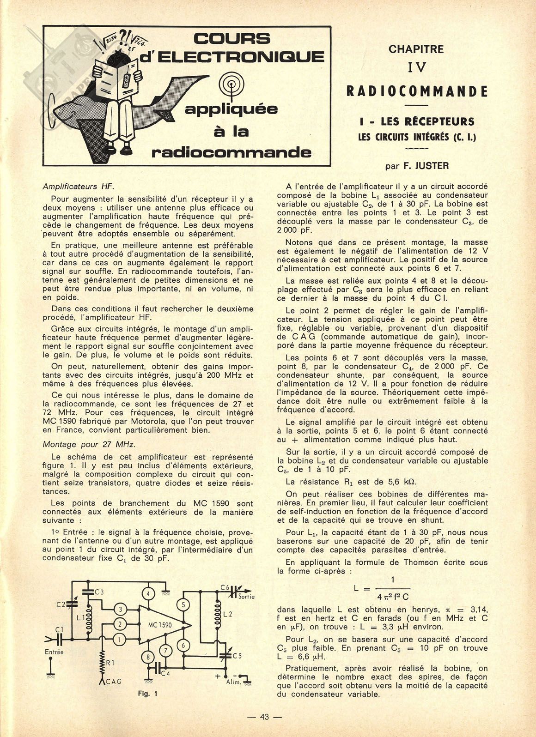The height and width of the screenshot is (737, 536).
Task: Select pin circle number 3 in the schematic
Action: (120, 610)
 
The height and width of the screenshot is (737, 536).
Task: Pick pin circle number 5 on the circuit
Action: (183, 604)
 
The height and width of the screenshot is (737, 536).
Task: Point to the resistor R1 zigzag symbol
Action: (102, 663)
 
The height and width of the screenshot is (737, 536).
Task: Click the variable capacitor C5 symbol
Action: (227, 655)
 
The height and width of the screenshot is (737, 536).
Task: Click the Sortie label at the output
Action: (246, 596)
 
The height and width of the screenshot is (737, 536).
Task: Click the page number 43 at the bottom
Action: (264, 717)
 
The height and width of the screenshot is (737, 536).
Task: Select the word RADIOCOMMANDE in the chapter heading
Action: (417, 91)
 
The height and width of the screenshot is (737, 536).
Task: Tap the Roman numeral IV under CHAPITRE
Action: (416, 67)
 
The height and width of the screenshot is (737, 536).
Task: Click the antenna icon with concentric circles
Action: (230, 86)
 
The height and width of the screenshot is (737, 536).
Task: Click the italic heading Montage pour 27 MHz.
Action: (89, 444)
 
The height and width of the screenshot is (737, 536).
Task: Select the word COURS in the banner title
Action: (232, 38)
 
